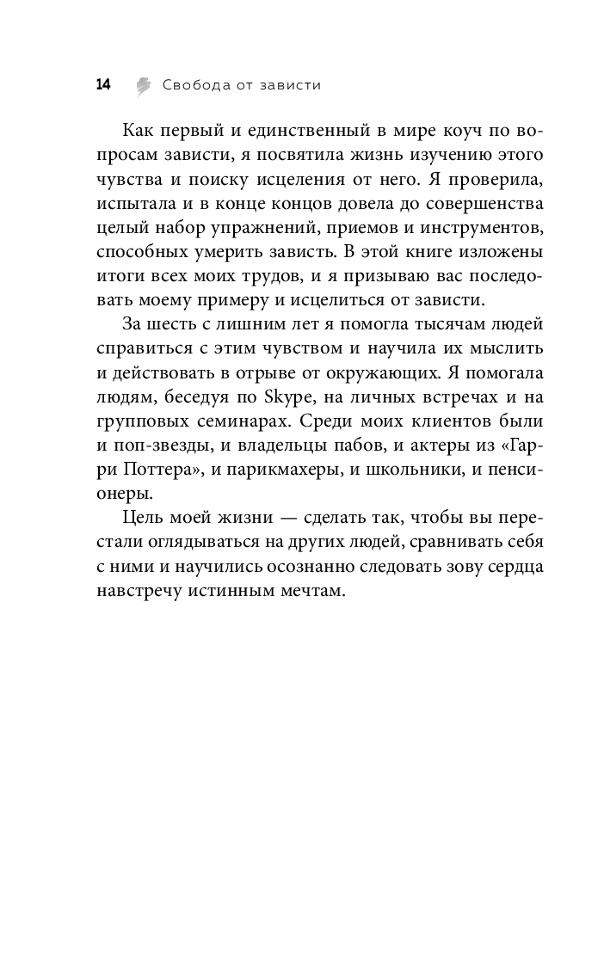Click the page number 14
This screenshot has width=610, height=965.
103,84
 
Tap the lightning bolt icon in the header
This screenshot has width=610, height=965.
144,85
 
